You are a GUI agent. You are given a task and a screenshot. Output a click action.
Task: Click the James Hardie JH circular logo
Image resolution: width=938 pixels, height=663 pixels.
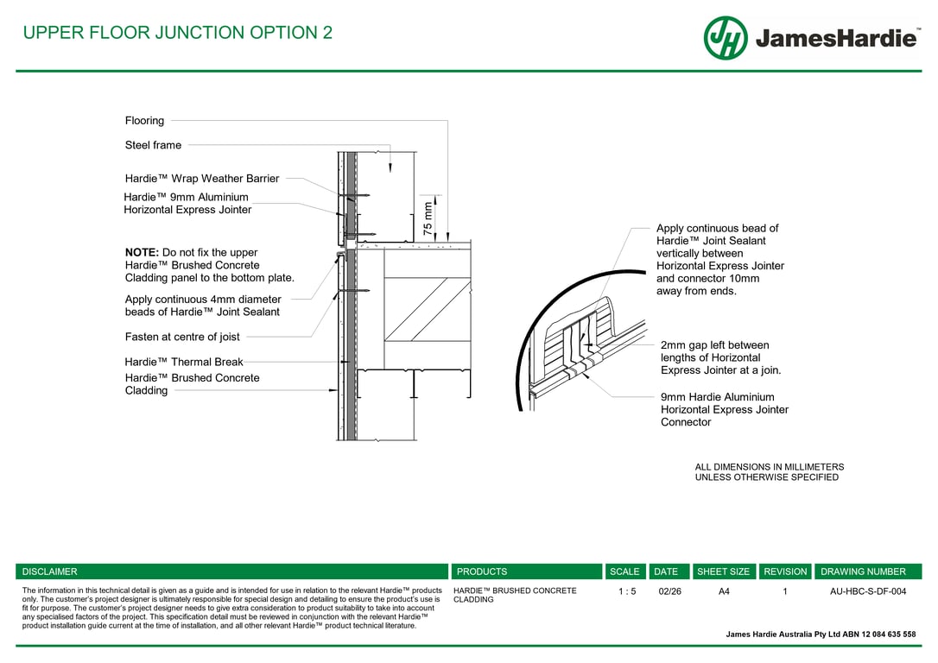pos(726,38)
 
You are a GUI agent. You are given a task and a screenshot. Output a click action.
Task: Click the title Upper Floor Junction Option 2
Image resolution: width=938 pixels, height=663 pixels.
pos(177,34)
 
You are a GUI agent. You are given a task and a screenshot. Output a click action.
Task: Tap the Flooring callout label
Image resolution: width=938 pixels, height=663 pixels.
pos(144,121)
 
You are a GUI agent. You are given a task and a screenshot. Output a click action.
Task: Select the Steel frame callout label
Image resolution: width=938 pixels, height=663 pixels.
pos(153,145)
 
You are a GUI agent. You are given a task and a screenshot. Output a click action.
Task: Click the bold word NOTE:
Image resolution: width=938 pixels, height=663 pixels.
pos(142,253)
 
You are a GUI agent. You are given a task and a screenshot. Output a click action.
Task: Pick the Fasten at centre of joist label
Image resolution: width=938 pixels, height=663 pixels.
pos(182,337)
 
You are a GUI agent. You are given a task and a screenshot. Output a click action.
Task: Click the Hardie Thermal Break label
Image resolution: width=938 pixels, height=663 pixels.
pos(184,363)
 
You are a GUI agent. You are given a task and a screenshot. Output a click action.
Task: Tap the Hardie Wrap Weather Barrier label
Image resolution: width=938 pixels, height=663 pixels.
pos(202,179)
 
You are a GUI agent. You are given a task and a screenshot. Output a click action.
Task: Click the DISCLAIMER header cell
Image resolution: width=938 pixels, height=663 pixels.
pos(50,571)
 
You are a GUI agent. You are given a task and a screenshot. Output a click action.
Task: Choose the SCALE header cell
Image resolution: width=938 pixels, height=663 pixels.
pos(624,571)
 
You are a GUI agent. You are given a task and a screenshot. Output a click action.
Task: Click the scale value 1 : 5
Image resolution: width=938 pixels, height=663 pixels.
pos(627,591)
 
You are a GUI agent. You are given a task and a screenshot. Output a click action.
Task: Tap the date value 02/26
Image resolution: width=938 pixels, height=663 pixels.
pos(669,591)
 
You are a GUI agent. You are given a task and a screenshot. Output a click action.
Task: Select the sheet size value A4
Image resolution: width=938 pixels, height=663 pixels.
pos(724,591)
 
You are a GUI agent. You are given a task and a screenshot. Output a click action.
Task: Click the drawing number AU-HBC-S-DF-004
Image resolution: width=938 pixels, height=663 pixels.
pos(868,591)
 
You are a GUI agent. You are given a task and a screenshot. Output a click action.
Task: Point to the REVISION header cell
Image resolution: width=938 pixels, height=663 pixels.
pos(785,571)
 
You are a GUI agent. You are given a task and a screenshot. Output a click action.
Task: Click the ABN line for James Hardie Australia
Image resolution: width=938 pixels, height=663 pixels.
pos(821,635)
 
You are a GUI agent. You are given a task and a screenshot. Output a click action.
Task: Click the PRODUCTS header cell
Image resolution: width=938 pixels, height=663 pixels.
pos(482,571)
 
